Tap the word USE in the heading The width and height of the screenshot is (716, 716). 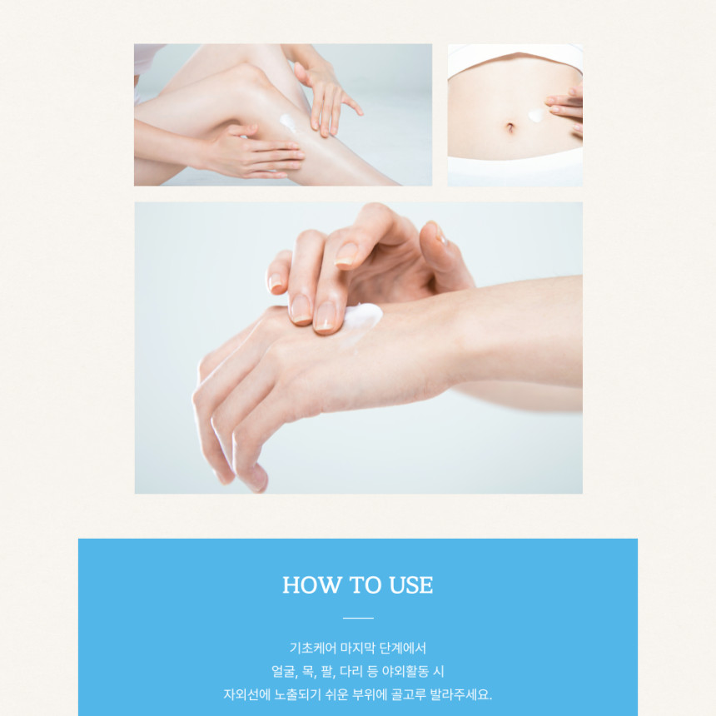(x=411, y=585)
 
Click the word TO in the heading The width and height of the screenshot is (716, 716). (x=365, y=585)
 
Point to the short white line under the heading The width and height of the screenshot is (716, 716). (x=358, y=618)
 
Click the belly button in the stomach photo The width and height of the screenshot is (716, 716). (x=510, y=127)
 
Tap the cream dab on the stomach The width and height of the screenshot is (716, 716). (x=536, y=116)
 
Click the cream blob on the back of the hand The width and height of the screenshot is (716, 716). (x=363, y=316)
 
